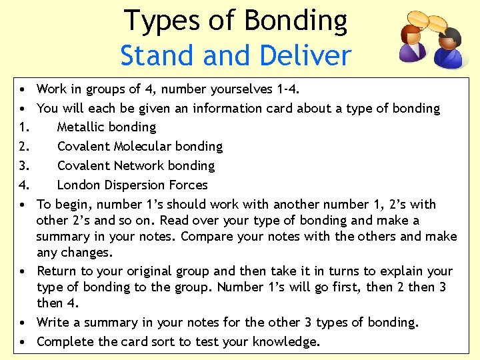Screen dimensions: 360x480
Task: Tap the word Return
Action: pyautogui.click(x=57, y=271)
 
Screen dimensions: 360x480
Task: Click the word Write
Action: pyautogui.click(x=53, y=323)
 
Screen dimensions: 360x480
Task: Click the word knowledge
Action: pyautogui.click(x=287, y=342)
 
